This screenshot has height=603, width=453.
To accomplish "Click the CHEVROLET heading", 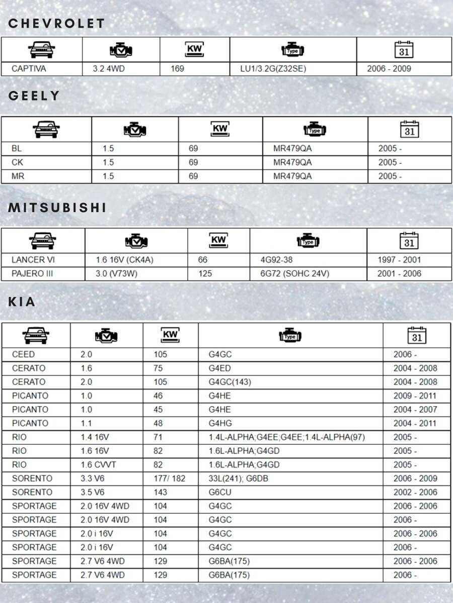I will pyautogui.click(x=57, y=24).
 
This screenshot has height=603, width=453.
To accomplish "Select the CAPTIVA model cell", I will pyautogui.click(x=29, y=69).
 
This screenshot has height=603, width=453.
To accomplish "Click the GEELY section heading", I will pyautogui.click(x=34, y=96).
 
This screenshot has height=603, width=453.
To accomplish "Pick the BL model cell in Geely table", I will pyautogui.click(x=17, y=149).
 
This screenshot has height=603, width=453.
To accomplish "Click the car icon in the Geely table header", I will pyautogui.click(x=46, y=130).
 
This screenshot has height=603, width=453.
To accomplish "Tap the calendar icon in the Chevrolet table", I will pyautogui.click(x=404, y=50).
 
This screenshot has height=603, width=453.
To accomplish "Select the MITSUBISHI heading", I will pyautogui.click(x=58, y=208).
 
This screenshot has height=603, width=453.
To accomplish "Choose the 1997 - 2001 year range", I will pyautogui.click(x=399, y=260).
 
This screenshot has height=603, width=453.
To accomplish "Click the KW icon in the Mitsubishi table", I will pyautogui.click(x=218, y=241).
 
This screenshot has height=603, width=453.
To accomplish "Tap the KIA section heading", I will pyautogui.click(x=22, y=302).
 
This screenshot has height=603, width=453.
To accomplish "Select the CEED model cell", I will pyautogui.click(x=23, y=355).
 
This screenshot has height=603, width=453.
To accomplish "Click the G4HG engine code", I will pyautogui.click(x=220, y=424).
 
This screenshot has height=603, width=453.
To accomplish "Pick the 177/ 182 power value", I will pyautogui.click(x=169, y=478).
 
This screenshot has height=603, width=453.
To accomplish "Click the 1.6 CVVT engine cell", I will pyautogui.click(x=98, y=465).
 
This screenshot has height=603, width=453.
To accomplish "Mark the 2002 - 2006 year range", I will pyautogui.click(x=415, y=492).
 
